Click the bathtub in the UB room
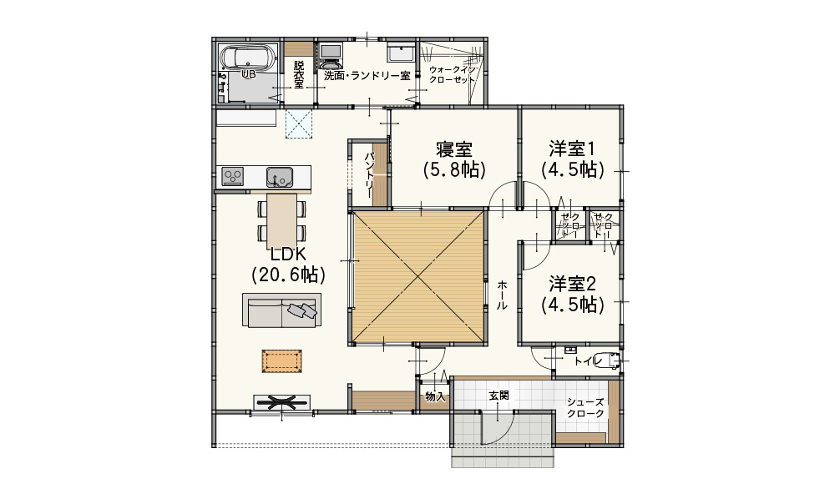pos(248,57)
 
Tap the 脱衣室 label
pos(299,74)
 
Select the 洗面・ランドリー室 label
pos(367,76)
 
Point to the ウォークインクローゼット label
pos(452,74)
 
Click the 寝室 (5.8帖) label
pos(454,159)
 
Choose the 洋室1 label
pos(573,148)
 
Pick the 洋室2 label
pos(573,284)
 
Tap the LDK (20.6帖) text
pos(288,264)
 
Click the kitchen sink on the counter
pos(279,177)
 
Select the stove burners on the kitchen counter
pos(233,176)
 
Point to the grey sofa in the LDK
pos(281,310)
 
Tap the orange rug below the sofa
pos(281,361)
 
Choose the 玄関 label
pos(499,395)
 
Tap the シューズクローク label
pos(585,408)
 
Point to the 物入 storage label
pos(435,396)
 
